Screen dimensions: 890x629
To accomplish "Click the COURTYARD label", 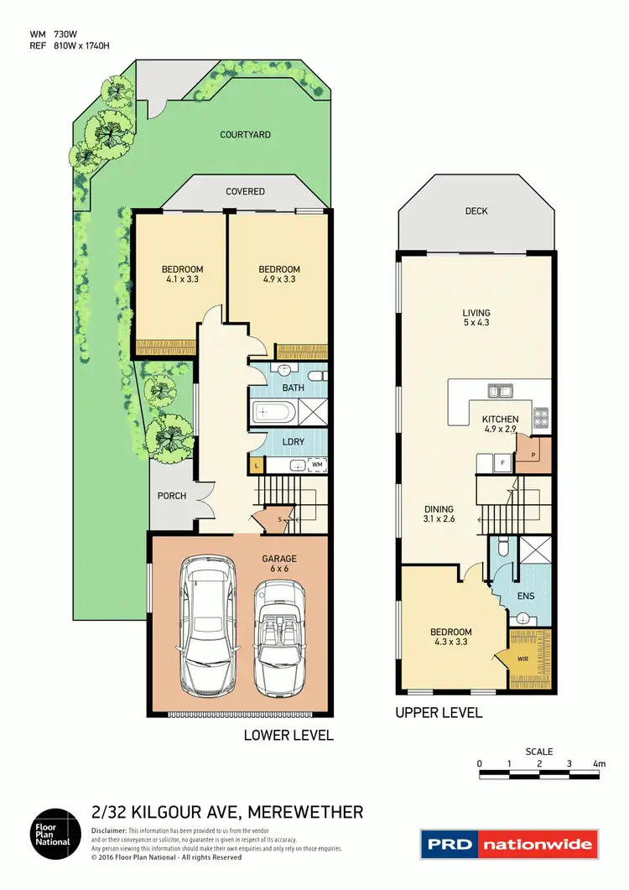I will [x=245, y=134].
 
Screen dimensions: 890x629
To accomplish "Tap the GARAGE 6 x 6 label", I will [x=278, y=564].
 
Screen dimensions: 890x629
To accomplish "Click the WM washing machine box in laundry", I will [x=316, y=464].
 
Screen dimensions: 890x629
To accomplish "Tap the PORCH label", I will [x=172, y=496].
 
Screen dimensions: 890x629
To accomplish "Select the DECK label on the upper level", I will [x=476, y=211].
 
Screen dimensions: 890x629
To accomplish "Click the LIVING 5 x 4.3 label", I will [x=476, y=318].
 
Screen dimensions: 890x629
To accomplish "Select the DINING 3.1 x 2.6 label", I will [x=439, y=514].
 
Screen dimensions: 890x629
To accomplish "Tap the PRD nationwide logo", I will [x=510, y=844].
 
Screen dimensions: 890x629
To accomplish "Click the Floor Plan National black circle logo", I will [x=57, y=835].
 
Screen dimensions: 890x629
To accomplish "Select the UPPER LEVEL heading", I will [x=439, y=712].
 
